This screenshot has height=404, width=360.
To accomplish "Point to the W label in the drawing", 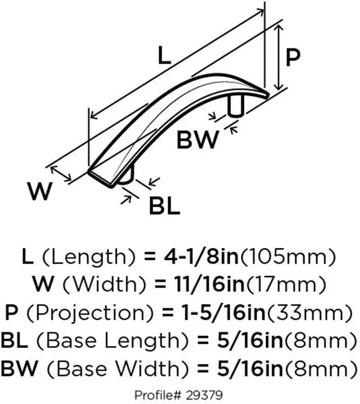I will (40, 192).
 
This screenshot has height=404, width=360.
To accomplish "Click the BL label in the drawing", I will (164, 206).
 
